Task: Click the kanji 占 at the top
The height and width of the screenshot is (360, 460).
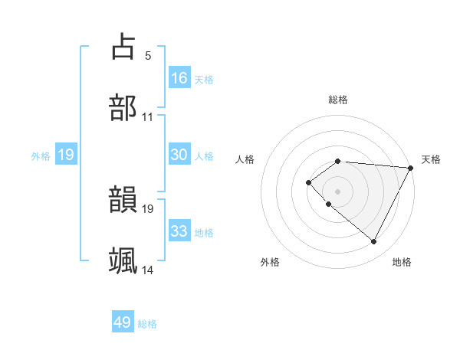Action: click(123, 47)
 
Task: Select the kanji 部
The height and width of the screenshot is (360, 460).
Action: click(123, 108)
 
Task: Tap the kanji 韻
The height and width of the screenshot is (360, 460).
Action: click(123, 201)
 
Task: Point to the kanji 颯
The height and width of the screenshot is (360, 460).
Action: click(123, 260)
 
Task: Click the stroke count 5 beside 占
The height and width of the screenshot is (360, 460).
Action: click(148, 55)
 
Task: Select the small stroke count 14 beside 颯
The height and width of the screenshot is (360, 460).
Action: click(147, 270)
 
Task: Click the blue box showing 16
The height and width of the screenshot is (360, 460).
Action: click(179, 78)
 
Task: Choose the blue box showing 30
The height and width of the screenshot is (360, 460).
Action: click(179, 155)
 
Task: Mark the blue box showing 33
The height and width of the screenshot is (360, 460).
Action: click(179, 231)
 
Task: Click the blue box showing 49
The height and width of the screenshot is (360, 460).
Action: click(123, 322)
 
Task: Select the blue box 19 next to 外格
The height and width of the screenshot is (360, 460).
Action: click(66, 155)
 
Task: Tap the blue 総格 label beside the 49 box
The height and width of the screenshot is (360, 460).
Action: click(147, 324)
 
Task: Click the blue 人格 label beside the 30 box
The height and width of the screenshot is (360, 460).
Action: click(204, 156)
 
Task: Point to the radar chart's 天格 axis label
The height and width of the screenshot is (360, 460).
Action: click(432, 159)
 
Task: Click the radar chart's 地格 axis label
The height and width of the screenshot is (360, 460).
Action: click(402, 263)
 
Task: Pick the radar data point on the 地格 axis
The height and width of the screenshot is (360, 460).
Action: click(374, 242)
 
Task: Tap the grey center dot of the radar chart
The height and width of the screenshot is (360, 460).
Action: click(337, 191)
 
